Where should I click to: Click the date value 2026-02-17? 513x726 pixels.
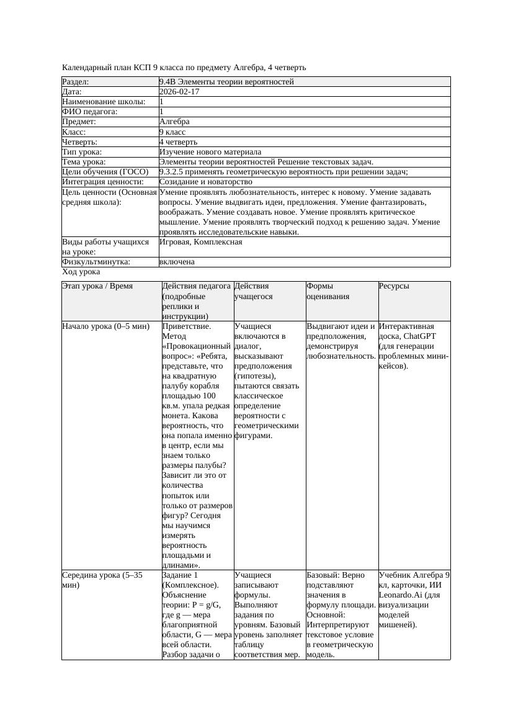click(x=179, y=92)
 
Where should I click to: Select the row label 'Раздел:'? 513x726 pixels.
click(x=76, y=82)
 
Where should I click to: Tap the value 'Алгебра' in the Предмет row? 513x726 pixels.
click(x=174, y=122)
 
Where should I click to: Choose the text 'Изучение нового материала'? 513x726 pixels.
click(x=210, y=152)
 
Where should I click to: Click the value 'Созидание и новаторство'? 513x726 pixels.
click(x=205, y=182)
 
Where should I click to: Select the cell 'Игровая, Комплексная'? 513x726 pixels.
click(x=200, y=242)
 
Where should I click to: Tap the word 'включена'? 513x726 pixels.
click(x=177, y=262)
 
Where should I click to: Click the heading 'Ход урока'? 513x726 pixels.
click(x=81, y=272)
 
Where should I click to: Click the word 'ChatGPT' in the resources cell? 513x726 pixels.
click(x=420, y=336)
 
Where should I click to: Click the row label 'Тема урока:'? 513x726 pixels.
click(x=84, y=162)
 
